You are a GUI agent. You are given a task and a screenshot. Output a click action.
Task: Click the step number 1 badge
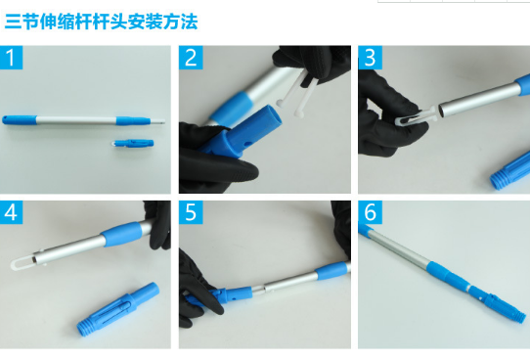(x=11, y=58)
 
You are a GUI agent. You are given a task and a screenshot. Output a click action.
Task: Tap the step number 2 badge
(x=191, y=58)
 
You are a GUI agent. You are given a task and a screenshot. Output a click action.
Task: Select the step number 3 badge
(x=371, y=58)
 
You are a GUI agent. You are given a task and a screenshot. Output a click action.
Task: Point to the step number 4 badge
(x=11, y=212)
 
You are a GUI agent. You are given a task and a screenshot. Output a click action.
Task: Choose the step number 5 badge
(x=191, y=212)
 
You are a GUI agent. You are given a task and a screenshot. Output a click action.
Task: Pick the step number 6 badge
(x=371, y=212)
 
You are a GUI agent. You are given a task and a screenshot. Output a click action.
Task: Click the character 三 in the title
(x=13, y=22)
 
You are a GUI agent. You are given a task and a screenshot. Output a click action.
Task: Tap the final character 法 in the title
(x=189, y=22)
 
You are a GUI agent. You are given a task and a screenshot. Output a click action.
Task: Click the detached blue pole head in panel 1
(x=133, y=143)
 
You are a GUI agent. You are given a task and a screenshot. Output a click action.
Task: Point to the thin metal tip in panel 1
(x=157, y=121)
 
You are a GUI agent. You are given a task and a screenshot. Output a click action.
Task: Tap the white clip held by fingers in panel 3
(x=417, y=115)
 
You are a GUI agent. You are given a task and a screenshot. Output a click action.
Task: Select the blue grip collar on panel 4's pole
(x=121, y=234)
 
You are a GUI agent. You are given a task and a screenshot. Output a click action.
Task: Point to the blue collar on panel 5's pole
(x=332, y=271)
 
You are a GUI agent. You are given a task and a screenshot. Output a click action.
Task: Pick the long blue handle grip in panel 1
(x=20, y=120)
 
